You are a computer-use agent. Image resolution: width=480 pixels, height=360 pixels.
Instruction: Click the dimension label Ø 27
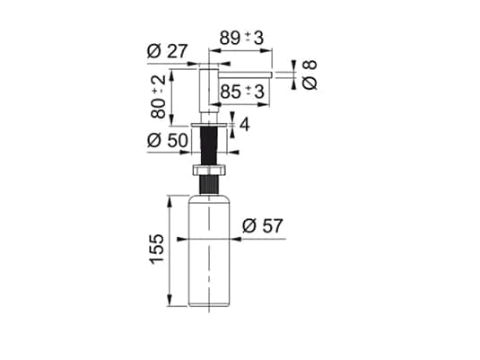coord(167,51)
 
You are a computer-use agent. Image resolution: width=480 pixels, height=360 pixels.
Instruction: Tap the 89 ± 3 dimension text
coord(241,38)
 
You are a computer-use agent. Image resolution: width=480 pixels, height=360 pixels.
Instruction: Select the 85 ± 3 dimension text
coord(242,92)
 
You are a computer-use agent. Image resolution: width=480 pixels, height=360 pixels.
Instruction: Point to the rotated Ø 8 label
coord(310,75)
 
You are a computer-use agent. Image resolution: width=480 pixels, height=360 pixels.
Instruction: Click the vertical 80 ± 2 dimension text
coord(158,97)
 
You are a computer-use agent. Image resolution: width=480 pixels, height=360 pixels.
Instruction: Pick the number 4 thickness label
coord(245,125)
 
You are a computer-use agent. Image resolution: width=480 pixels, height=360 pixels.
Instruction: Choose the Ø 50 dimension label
coord(168,140)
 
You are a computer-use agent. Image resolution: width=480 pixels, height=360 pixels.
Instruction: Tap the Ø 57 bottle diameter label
coord(262,226)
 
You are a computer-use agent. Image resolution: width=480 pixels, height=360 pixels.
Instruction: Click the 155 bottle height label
coord(157,249)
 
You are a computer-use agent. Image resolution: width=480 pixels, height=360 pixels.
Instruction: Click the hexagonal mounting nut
coord(209,170)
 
